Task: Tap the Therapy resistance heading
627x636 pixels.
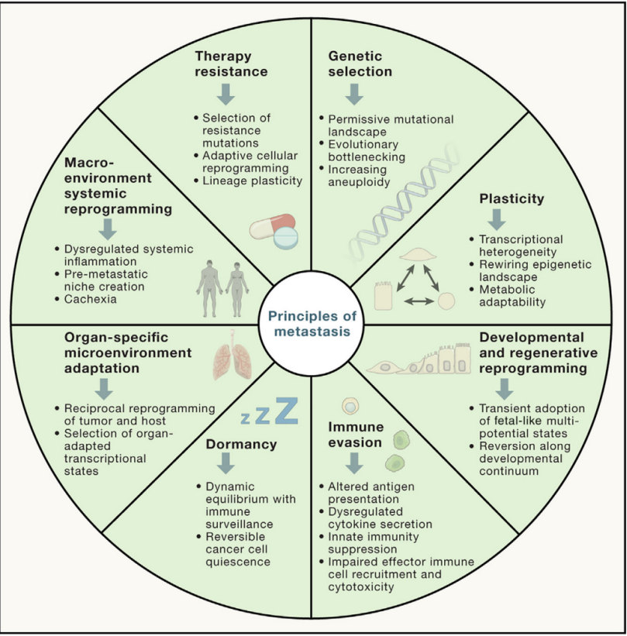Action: [230, 64]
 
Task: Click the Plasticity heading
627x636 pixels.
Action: [512, 198]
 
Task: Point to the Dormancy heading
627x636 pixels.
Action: [241, 445]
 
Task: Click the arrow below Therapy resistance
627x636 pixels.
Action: [226, 95]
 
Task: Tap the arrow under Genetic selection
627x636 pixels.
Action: [354, 95]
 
